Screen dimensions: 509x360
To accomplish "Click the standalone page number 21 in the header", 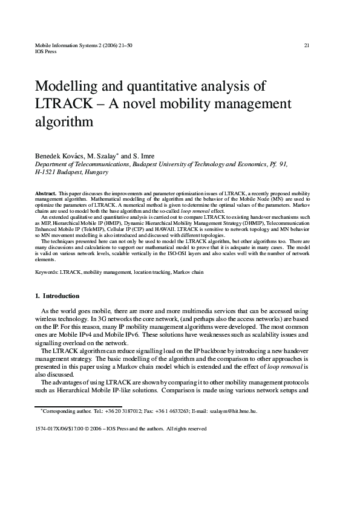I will pyautogui.click(x=306, y=45).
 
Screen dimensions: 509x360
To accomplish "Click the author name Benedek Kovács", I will pyautogui.click(x=59, y=156).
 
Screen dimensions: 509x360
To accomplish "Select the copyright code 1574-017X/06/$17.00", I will pyautogui.click(x=64, y=428).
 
